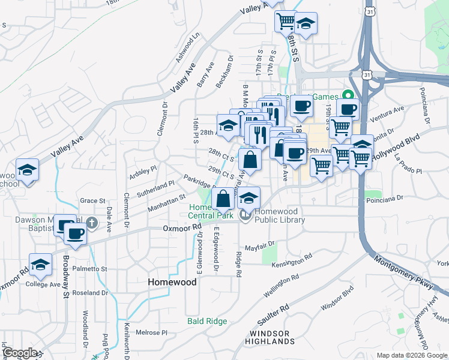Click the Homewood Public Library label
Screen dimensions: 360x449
point(279,215)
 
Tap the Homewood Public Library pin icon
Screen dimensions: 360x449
point(246,215)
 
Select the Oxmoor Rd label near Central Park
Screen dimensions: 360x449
point(182,228)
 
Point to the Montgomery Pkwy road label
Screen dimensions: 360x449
point(403,272)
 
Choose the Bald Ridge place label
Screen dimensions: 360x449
point(207,322)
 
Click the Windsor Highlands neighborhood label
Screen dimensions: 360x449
point(270,337)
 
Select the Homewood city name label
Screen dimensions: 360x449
point(172,282)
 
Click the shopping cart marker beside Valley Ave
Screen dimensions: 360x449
point(286,22)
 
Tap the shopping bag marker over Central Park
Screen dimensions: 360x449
point(223,199)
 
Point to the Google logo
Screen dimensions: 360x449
point(20,353)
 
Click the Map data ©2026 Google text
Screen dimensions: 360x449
point(411,355)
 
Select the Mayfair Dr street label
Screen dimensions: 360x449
point(259,245)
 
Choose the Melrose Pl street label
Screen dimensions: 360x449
point(151,332)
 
